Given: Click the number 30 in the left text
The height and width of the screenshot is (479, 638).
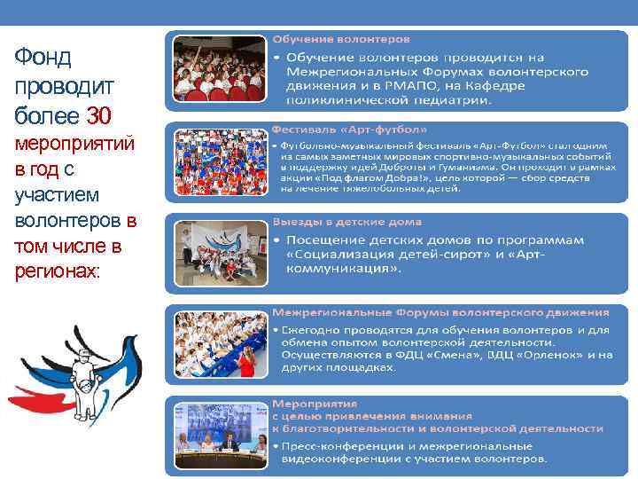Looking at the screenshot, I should (x=99, y=115).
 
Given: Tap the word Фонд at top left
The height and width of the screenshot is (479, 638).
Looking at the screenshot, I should (x=43, y=58).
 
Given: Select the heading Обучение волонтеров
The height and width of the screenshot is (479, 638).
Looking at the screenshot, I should (x=340, y=40).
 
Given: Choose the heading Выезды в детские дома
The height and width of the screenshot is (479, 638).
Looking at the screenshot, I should (x=346, y=221).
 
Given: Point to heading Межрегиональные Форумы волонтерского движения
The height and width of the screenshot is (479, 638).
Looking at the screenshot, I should (x=440, y=312).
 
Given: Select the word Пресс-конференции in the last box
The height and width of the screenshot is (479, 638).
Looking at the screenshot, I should (x=340, y=446).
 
